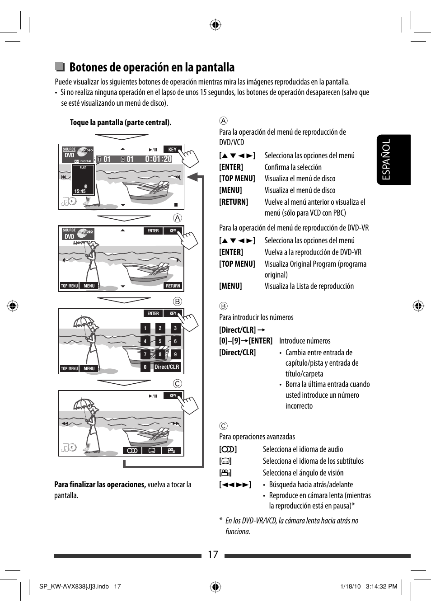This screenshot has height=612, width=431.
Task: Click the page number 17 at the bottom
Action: click(213, 555)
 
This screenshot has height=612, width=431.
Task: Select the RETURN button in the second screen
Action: click(173, 286)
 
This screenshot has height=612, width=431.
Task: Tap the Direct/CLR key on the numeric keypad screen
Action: click(167, 367)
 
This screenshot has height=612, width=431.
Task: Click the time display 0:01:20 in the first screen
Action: click(158, 159)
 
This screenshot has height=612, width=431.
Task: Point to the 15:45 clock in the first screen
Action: click(80, 191)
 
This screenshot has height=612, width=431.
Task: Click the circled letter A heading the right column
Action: click(223, 121)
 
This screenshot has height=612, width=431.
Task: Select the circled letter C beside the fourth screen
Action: click(178, 384)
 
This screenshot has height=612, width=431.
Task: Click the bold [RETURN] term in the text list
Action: click(234, 202)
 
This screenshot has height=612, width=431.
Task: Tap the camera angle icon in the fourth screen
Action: click(171, 451)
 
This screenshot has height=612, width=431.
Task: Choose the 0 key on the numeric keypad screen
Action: click(145, 367)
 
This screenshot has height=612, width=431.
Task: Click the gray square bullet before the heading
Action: click(60, 67)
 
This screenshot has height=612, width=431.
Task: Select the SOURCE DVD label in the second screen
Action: click(70, 234)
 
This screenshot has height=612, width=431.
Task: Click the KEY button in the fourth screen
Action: click(173, 395)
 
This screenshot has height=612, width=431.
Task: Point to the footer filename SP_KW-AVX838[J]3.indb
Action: click(74, 587)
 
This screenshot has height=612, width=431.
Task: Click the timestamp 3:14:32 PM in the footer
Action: click(381, 587)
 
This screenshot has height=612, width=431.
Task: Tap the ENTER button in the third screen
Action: click(153, 313)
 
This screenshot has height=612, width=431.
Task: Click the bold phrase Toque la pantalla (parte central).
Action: click(121, 122)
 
